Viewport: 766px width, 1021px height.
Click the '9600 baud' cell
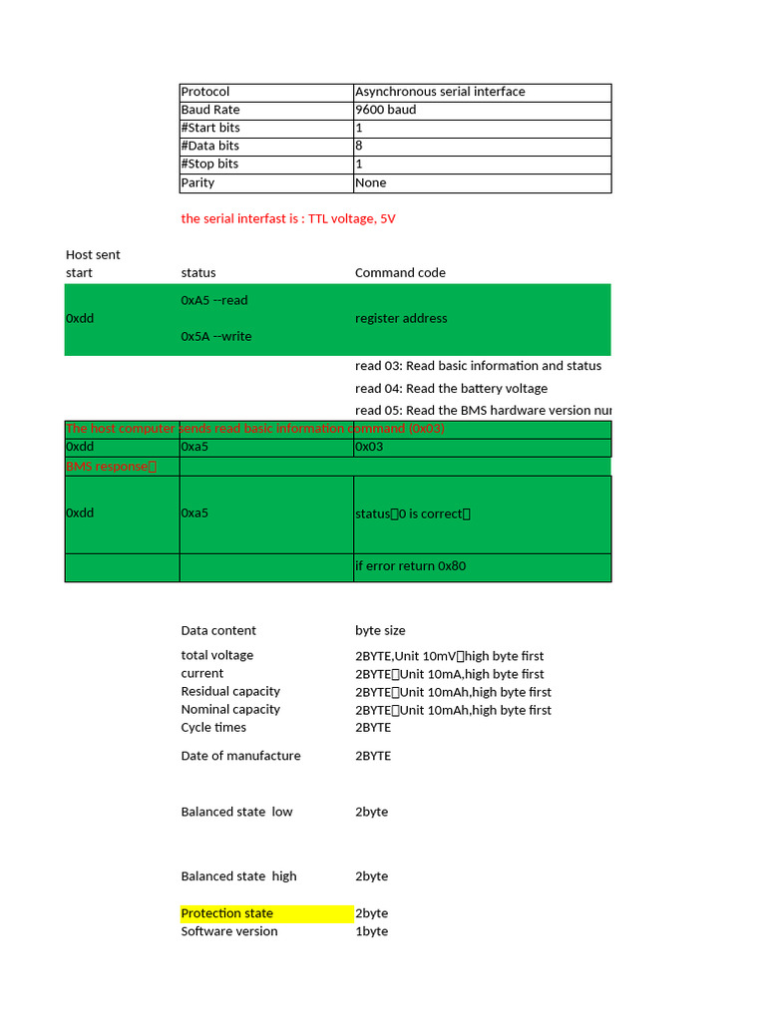pyautogui.click(x=386, y=110)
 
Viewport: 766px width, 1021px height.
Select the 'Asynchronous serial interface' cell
pyautogui.click(x=440, y=92)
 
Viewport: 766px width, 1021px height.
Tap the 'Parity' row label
pyautogui.click(x=197, y=182)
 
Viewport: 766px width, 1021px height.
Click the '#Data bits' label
pyautogui.click(x=209, y=146)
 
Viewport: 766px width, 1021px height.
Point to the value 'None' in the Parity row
pyautogui.click(x=371, y=182)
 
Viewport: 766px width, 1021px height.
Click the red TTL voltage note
pyautogui.click(x=288, y=218)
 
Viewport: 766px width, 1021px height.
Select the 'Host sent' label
pyautogui.click(x=93, y=254)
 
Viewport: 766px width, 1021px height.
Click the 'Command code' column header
pyautogui.click(x=400, y=272)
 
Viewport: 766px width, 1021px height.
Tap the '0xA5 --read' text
pyautogui.click(x=214, y=300)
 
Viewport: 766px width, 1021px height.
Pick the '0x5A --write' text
pyautogui.click(x=216, y=336)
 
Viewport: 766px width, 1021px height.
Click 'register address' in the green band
pyautogui.click(x=401, y=318)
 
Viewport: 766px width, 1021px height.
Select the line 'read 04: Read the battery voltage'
pyautogui.click(x=451, y=388)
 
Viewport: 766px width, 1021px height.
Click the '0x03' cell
pyautogui.click(x=369, y=447)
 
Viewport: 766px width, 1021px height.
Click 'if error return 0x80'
pyautogui.click(x=411, y=566)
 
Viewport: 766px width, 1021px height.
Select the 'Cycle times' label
pyautogui.click(x=213, y=727)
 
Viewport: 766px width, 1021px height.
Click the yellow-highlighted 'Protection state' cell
pyautogui.click(x=227, y=913)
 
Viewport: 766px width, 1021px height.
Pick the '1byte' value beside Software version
pyautogui.click(x=371, y=931)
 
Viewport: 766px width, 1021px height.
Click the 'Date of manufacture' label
pyautogui.click(x=240, y=756)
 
